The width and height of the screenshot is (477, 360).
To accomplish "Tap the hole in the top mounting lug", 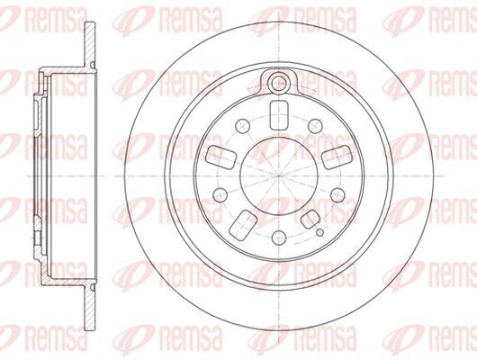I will [x=279, y=85].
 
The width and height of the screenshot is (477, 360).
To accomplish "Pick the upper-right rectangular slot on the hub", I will [x=337, y=154].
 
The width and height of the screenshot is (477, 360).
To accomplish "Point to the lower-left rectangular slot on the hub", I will [x=243, y=221].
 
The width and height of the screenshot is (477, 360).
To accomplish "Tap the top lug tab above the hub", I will [x=279, y=79].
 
